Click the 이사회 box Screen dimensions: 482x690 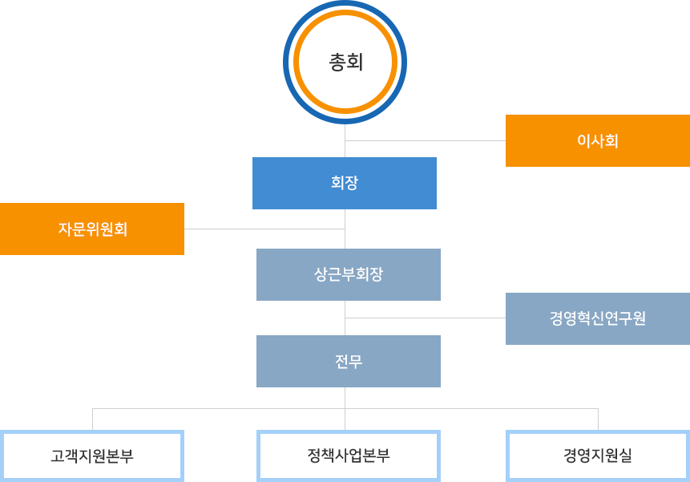coord(597,140)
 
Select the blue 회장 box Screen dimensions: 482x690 coord(345,183)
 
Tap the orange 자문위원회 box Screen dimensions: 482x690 coord(92,229)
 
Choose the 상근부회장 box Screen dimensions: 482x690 coord(348,274)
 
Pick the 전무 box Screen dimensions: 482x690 coord(348,361)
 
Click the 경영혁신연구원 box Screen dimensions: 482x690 coord(597,318)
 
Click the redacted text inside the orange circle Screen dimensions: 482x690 coord(345,62)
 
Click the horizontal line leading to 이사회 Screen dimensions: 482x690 coord(425,140)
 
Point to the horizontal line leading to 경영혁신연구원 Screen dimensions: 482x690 coord(425,318)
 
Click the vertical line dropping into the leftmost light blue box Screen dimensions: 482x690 coord(92,419)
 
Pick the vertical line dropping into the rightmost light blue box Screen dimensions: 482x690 coord(598,419)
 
